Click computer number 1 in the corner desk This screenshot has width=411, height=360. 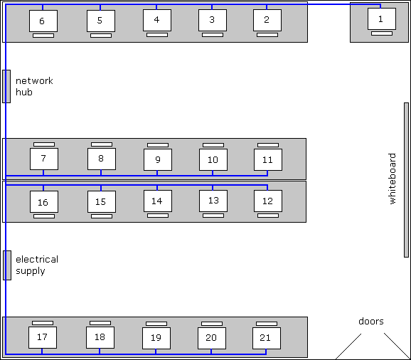click(x=381, y=19)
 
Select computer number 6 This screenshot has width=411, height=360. click(x=43, y=21)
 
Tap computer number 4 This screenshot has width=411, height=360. click(x=156, y=20)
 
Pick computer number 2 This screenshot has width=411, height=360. click(x=267, y=20)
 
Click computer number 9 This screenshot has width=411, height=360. click(x=158, y=160)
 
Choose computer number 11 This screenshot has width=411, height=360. click(x=267, y=160)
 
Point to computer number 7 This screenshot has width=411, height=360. click(x=43, y=159)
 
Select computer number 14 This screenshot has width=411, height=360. click(x=157, y=201)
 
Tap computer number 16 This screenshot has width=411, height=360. click(x=43, y=202)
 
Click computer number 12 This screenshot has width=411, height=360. click(x=267, y=201)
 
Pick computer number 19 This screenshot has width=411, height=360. click(x=156, y=338)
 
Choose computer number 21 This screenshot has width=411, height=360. click(x=266, y=337)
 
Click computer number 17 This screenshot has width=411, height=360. click(x=42, y=337)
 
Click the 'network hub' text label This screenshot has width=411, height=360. click(x=33, y=86)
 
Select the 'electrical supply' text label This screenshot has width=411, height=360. click(x=36, y=265)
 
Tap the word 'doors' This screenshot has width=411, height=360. click(x=370, y=322)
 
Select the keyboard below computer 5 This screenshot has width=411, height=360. click(x=101, y=35)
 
